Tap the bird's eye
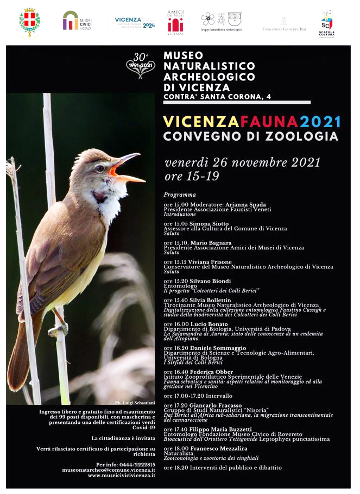(x=99, y=168)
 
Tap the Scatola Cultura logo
(x=326, y=23)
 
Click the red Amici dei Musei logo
(x=175, y=22)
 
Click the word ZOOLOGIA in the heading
(x=300, y=135)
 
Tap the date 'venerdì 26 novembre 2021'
(x=242, y=162)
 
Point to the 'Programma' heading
(x=179, y=194)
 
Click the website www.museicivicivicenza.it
(x=121, y=475)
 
